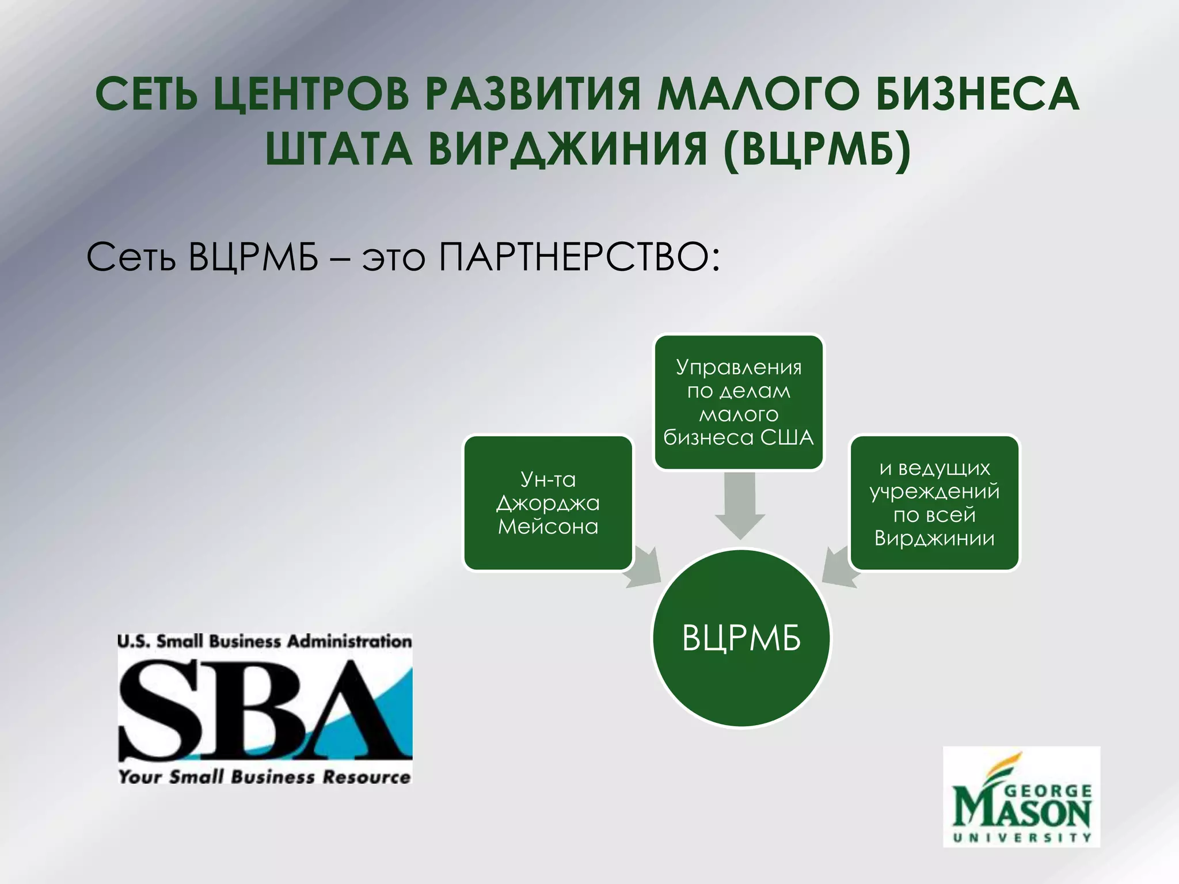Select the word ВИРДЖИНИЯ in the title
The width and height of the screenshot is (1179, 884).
click(x=567, y=148)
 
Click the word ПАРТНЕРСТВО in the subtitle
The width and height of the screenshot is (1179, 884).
click(x=579, y=257)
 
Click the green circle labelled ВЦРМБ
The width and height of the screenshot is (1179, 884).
click(x=741, y=638)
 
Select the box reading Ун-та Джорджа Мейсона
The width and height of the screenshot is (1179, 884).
click(x=548, y=503)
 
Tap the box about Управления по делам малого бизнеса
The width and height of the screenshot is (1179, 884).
click(x=739, y=402)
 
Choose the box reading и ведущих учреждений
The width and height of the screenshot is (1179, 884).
click(x=934, y=503)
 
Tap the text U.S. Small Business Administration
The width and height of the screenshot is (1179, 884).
click(x=265, y=641)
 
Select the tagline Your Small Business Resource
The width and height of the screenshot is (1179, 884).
click(x=265, y=777)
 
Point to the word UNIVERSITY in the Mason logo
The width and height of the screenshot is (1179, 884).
click(x=1022, y=837)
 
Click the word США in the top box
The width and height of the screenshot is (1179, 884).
click(x=787, y=438)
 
